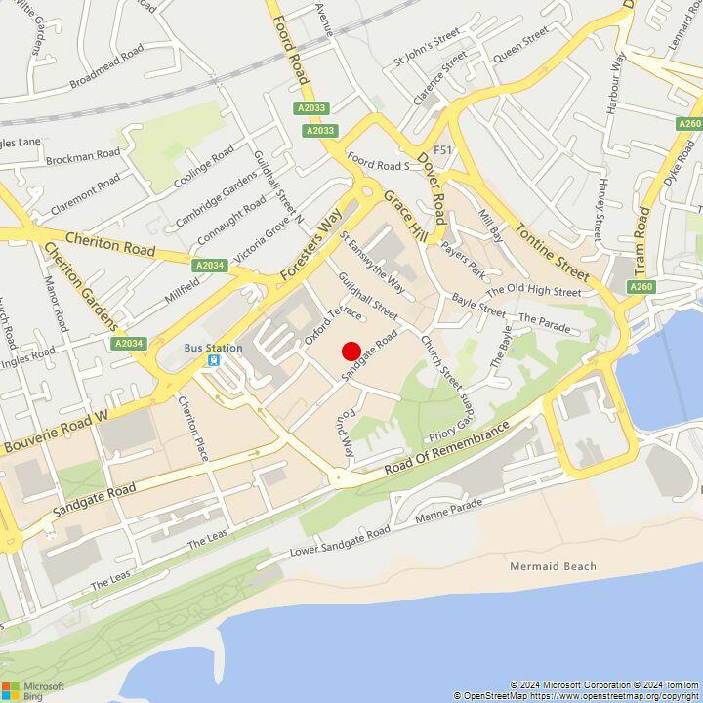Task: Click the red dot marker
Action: click(351, 351)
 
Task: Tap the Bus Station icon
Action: click(213, 361)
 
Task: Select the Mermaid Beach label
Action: click(553, 566)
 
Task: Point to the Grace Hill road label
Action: click(405, 220)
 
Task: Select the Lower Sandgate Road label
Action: click(340, 542)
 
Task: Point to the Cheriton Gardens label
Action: click(80, 286)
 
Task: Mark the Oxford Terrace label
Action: click(319, 324)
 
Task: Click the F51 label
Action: click(444, 150)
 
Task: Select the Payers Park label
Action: click(463, 259)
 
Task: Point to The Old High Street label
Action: click(533, 290)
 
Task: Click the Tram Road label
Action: click(641, 240)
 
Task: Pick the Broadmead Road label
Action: click(106, 66)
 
